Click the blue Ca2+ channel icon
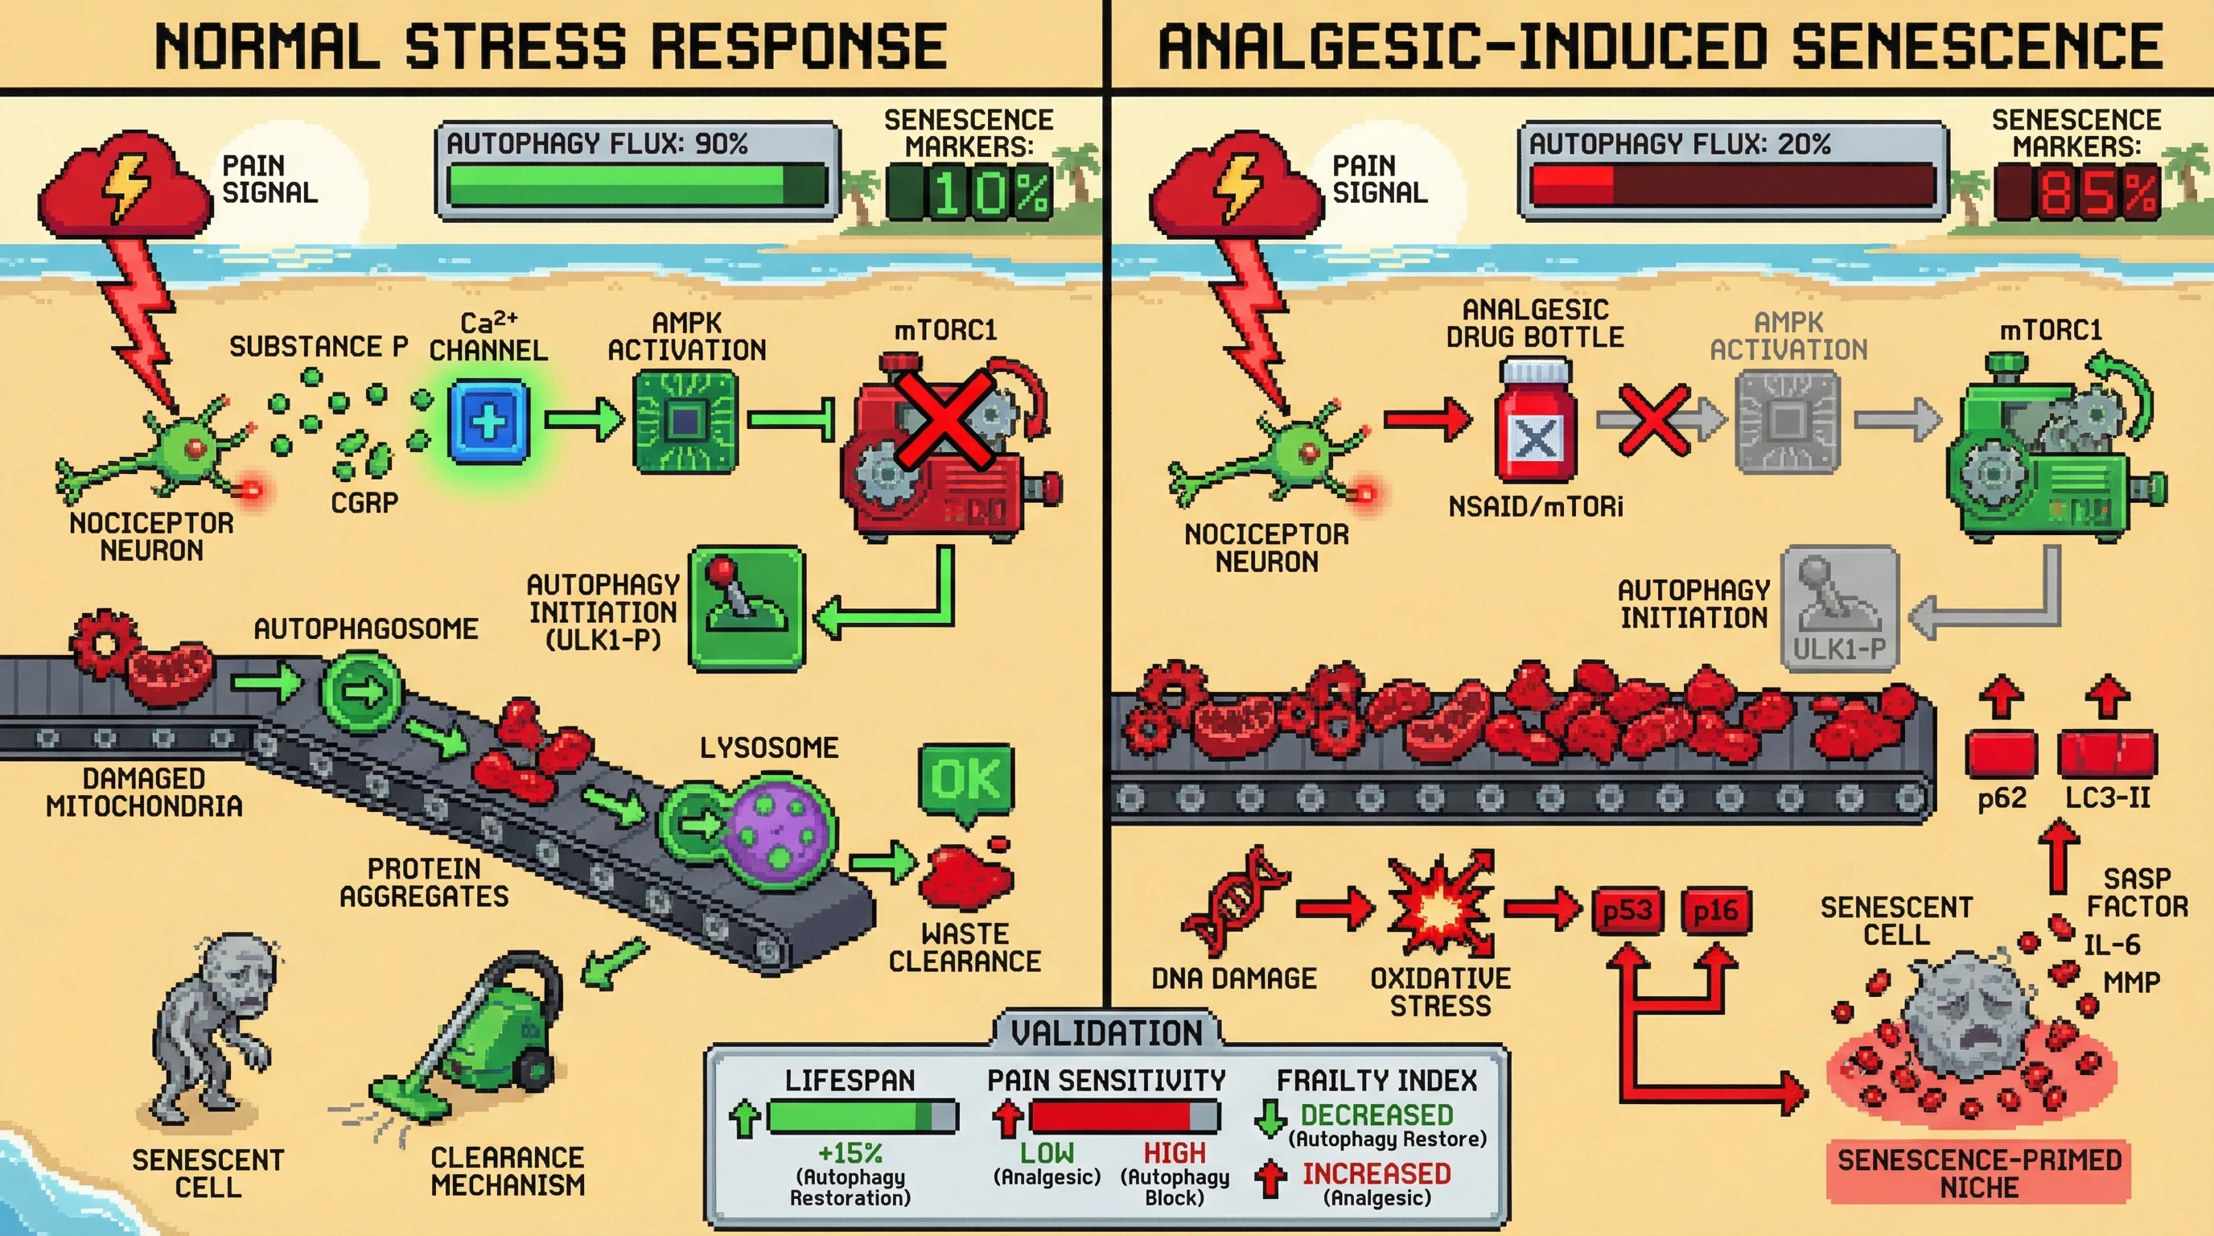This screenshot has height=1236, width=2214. click(x=488, y=422)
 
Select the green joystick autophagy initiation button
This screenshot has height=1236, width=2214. click(x=747, y=608)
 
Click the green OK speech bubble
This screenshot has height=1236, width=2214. click(x=966, y=781)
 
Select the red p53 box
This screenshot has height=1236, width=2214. click(x=1627, y=911)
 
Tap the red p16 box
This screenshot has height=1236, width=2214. click(x=1715, y=911)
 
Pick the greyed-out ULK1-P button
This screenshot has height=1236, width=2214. click(x=1839, y=608)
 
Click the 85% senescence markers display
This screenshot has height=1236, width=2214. click(x=2076, y=192)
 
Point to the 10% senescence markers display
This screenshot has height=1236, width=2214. click(x=969, y=192)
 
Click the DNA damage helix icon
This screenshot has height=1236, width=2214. click(x=1234, y=903)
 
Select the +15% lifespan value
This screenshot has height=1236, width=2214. click(x=850, y=1152)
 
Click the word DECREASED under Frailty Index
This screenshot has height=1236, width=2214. click(x=1376, y=1114)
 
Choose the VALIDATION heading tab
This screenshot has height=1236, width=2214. click(x=1106, y=1032)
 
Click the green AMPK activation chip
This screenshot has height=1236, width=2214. click(x=685, y=422)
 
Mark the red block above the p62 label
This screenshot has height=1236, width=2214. click(x=2001, y=754)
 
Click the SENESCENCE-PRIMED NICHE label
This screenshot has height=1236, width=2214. click(x=1979, y=1173)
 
